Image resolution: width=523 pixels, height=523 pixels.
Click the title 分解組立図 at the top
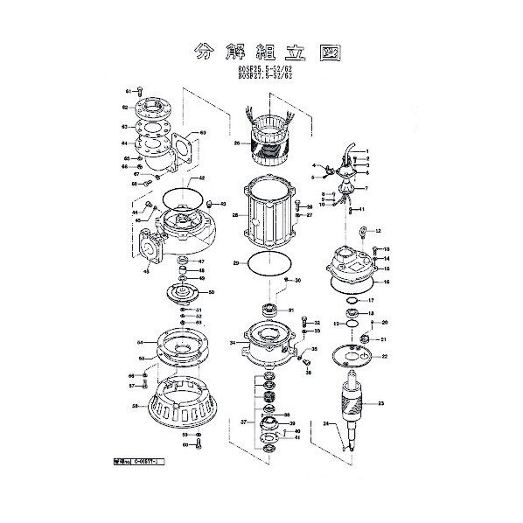tap(263, 51)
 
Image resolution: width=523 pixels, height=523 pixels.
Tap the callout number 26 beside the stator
tap(235, 143)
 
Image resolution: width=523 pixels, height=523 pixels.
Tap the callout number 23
tap(380, 403)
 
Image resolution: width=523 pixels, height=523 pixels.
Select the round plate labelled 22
tap(356, 354)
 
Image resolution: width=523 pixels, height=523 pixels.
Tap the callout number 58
tap(135, 407)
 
